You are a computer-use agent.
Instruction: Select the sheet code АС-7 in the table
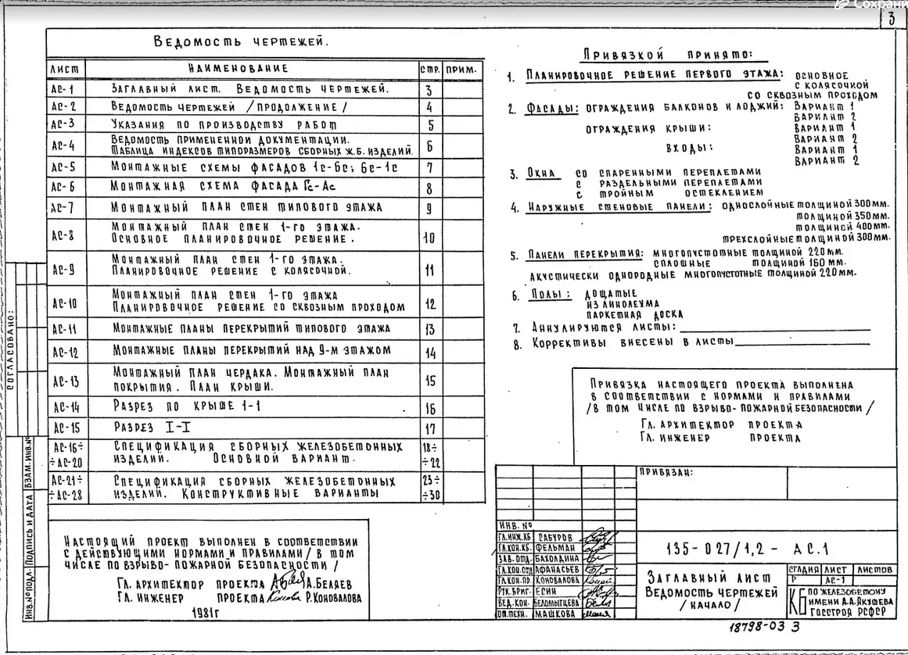tap(63, 208)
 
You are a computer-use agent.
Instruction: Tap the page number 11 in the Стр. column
tap(429, 270)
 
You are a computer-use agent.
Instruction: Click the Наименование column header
tap(238, 70)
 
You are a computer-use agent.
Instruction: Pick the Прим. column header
tap(461, 70)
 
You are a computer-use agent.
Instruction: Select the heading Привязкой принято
tap(666, 55)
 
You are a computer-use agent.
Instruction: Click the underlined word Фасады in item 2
tap(551, 109)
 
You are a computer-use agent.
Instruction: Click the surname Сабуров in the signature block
tap(555, 537)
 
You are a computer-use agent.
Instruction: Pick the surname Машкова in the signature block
tap(556, 614)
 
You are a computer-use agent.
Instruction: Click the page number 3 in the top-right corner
tap(891, 21)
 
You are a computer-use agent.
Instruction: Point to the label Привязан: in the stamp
tap(665, 472)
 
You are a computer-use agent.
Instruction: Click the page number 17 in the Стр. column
tap(429, 428)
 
